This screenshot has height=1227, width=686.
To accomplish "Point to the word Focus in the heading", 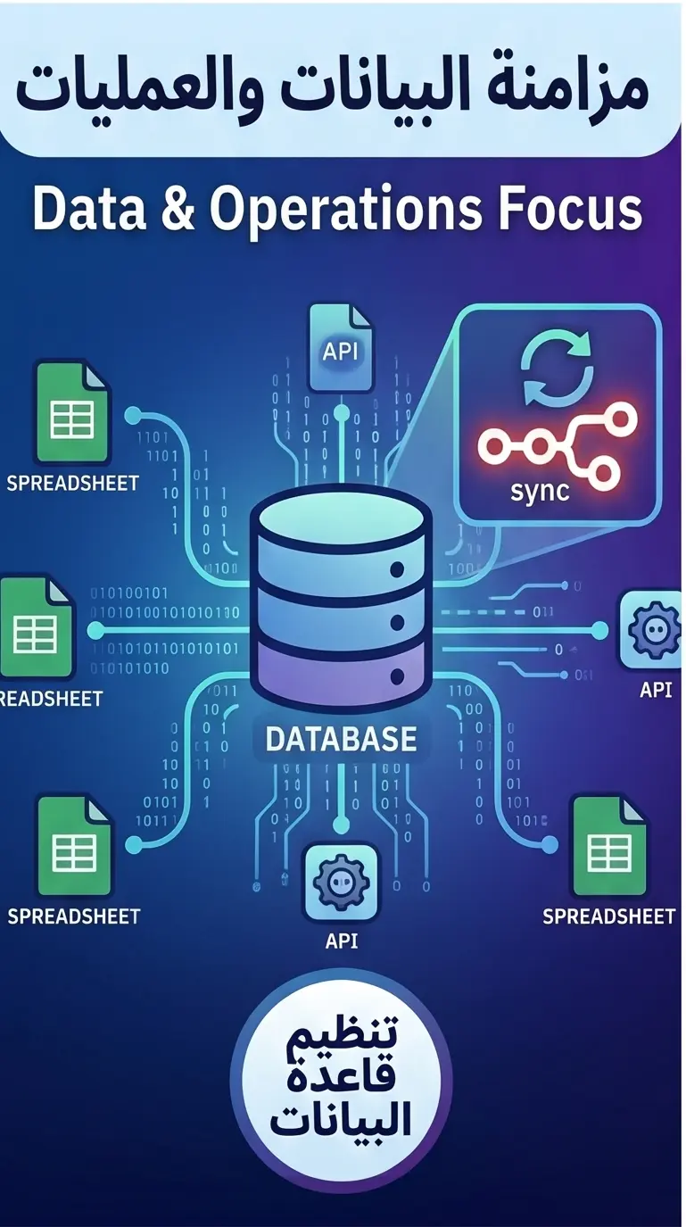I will (x=570, y=210).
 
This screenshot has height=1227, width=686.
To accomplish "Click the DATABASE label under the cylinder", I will (x=342, y=738).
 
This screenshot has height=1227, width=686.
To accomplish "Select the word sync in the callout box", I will (x=541, y=490).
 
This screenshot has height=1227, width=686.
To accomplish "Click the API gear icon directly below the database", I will (x=342, y=882).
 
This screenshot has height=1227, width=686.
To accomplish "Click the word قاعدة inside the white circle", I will (x=341, y=1082).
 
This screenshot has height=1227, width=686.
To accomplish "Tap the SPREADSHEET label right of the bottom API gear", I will (x=608, y=916).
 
